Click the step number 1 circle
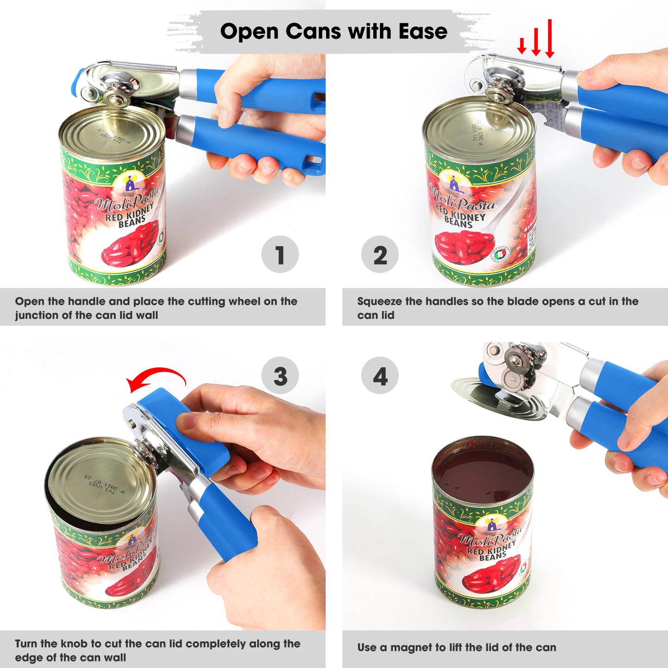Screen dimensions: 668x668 280,255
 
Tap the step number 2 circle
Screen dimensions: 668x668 380,255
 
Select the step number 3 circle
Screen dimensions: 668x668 280,376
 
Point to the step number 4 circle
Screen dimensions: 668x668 380,376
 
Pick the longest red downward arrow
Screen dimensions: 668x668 550,39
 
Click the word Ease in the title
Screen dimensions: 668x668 423,31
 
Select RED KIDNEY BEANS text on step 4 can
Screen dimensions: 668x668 491,552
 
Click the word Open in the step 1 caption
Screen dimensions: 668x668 29,301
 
